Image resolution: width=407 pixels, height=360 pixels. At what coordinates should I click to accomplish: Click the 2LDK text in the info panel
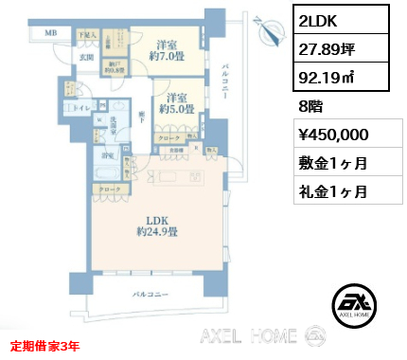[317, 20]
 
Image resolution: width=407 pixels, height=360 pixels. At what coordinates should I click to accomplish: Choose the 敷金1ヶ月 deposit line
[330, 164]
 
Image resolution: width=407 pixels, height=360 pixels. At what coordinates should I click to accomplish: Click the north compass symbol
[272, 29]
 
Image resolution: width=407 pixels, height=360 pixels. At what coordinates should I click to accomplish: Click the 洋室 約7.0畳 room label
[171, 49]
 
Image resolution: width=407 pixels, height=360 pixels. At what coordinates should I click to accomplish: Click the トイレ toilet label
[82, 111]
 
